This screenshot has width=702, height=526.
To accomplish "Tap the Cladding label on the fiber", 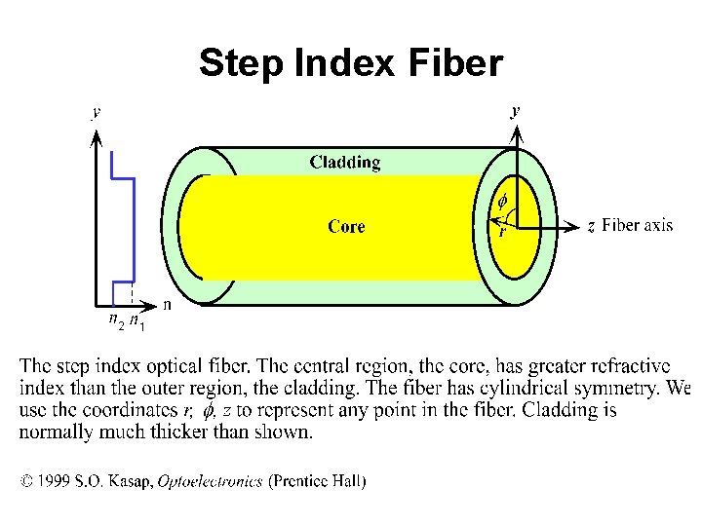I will click(x=345, y=162).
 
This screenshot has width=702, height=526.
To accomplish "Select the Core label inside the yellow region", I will click(x=346, y=227).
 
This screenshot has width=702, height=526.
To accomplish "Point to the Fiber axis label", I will click(x=637, y=225).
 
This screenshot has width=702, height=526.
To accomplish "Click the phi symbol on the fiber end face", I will click(x=502, y=203).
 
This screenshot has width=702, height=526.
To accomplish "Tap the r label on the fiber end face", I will click(x=502, y=232).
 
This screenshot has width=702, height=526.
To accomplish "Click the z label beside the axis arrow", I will click(x=591, y=226).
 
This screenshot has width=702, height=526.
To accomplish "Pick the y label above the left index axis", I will click(x=96, y=112).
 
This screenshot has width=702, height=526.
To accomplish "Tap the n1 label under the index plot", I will click(x=137, y=321).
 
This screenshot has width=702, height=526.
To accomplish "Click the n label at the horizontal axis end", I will click(x=167, y=305).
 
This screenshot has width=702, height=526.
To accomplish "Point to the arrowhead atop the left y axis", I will click(x=96, y=137).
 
